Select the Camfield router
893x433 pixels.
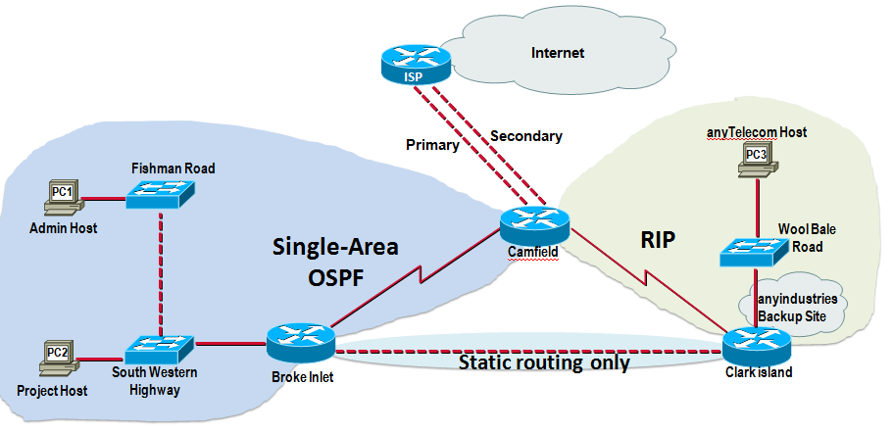point(534,227)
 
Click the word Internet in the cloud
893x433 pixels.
point(557,53)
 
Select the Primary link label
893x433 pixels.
point(432,145)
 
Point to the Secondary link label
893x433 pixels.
point(526,136)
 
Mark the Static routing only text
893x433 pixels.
point(544,362)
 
